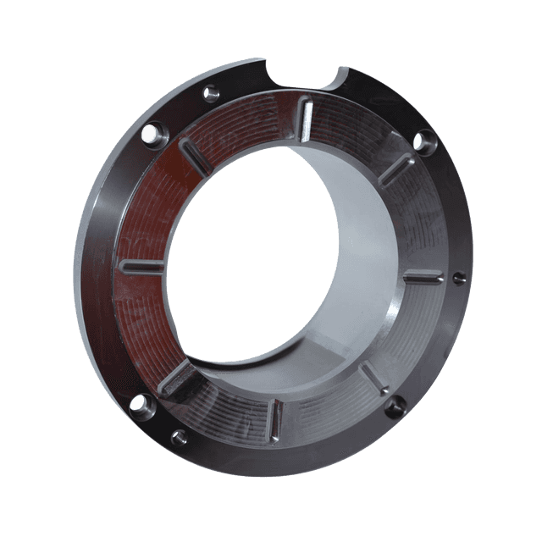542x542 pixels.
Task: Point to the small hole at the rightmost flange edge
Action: click(459, 277)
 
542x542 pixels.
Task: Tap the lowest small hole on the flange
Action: click(178, 435)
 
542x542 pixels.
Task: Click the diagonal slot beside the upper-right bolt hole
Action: click(395, 168)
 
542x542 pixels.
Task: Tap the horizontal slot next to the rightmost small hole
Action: click(423, 277)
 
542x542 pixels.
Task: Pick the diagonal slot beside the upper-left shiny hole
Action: click(196, 158)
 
